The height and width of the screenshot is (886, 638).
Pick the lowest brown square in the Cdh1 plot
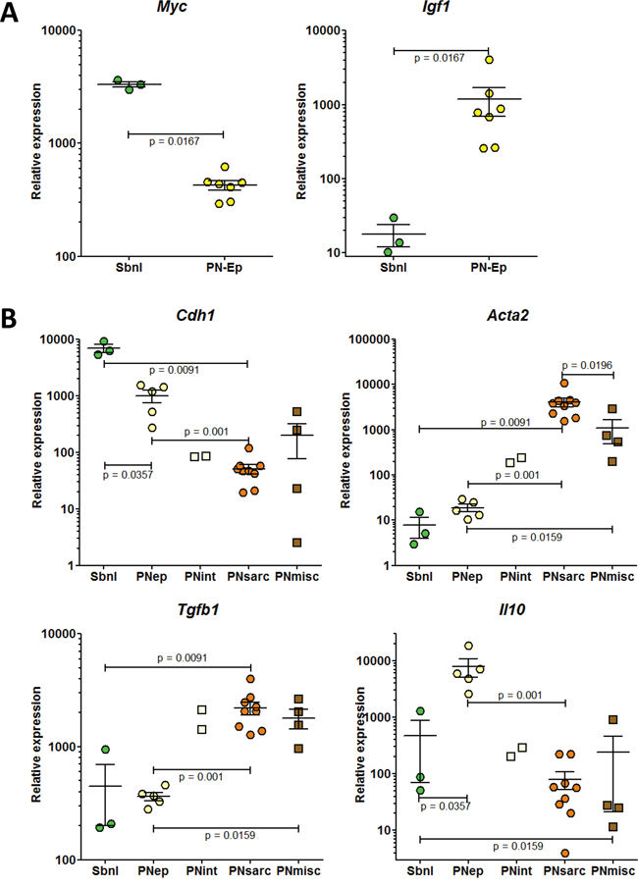click(296, 542)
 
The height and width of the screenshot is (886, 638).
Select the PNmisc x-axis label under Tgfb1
click(299, 871)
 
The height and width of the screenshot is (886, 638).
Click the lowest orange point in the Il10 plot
click(563, 853)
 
